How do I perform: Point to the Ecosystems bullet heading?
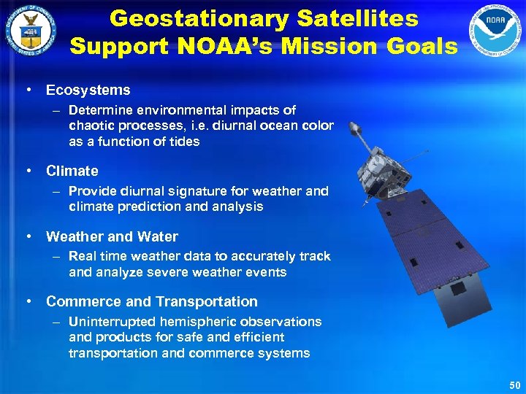(x=88, y=90)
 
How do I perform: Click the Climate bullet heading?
(x=72, y=171)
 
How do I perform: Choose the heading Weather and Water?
(x=112, y=236)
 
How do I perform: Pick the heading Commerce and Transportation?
(x=151, y=301)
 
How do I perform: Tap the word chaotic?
(x=92, y=126)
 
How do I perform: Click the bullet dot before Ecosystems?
(x=27, y=90)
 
